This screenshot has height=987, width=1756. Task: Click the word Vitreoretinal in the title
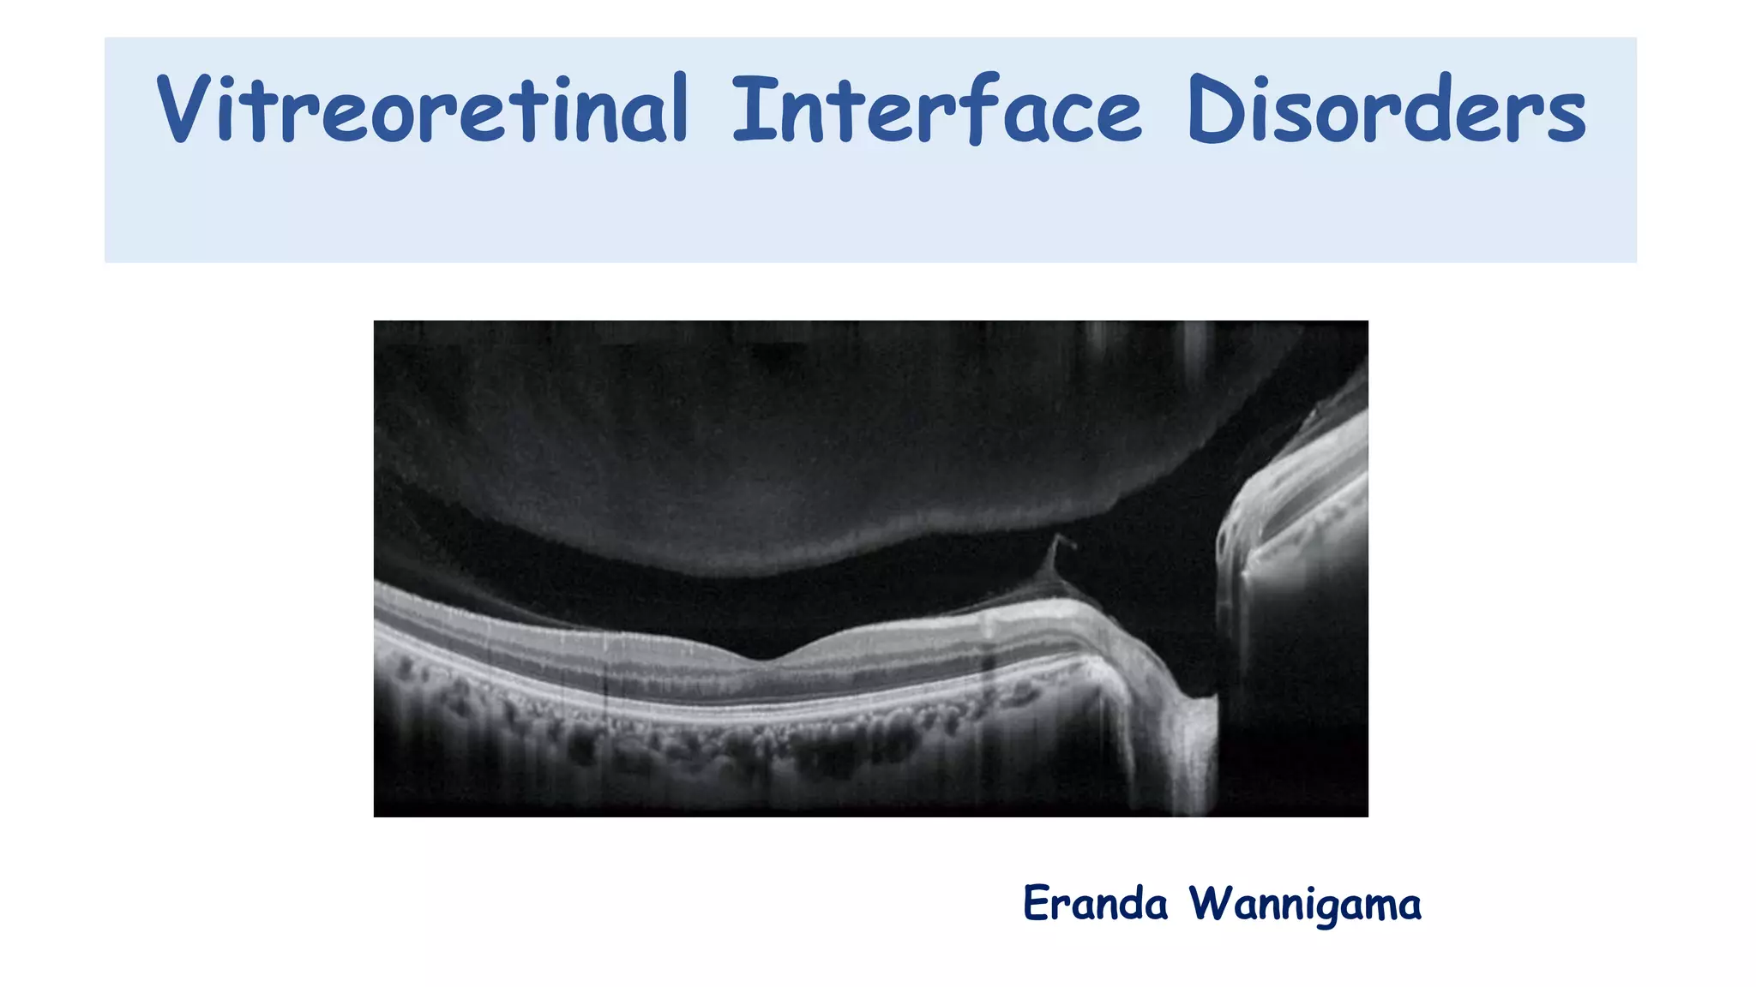point(422,110)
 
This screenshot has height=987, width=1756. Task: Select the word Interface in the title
point(936,110)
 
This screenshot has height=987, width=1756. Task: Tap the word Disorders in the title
point(1386,110)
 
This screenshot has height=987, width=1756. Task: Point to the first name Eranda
point(1095,904)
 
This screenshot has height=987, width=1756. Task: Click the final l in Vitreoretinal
point(679,108)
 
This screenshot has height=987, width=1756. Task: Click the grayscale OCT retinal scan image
point(870,568)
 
